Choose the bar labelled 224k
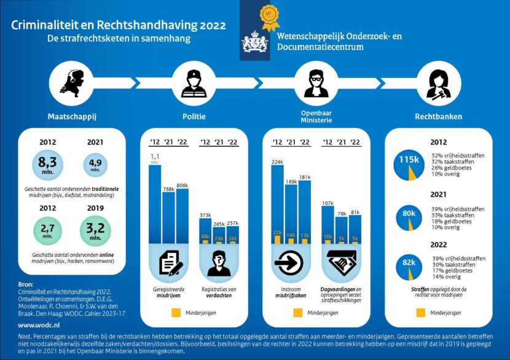[277, 203]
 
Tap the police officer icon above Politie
[194, 84]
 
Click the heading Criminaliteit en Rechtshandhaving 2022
[118, 26]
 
